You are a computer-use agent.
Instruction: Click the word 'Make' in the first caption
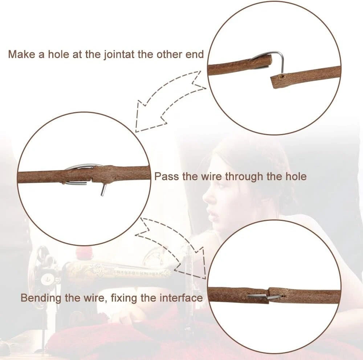pyautogui.click(x=21, y=54)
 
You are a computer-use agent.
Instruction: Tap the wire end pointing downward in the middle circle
pyautogui.click(x=103, y=190)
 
